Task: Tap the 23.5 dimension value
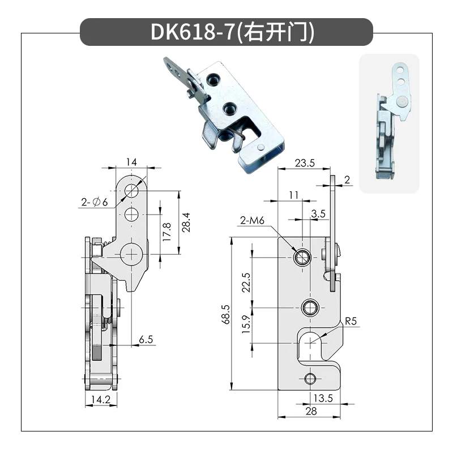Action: (304, 163)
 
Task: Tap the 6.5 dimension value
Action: (146, 339)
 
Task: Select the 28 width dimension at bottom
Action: (311, 412)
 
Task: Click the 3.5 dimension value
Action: (318, 213)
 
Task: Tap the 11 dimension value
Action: (293, 195)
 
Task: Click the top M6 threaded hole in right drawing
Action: (301, 258)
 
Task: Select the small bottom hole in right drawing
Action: (309, 378)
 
